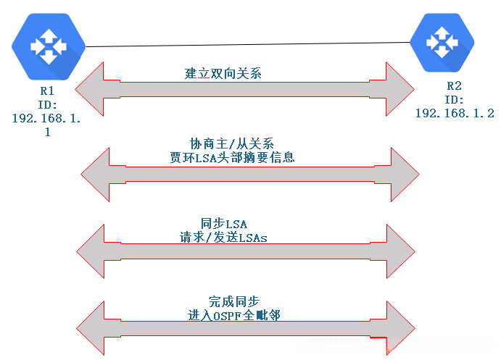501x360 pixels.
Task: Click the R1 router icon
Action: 49,47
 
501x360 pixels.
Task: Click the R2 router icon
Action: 442,42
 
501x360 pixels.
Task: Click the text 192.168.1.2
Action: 454,113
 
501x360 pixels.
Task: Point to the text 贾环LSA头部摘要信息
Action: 232,157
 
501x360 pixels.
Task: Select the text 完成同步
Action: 233,301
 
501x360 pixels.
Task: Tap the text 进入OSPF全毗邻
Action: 233,315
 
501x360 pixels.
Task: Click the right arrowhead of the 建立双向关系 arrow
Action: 399,88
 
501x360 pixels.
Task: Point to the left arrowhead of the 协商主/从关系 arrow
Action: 96,175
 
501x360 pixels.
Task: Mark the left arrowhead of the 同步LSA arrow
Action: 92,251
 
